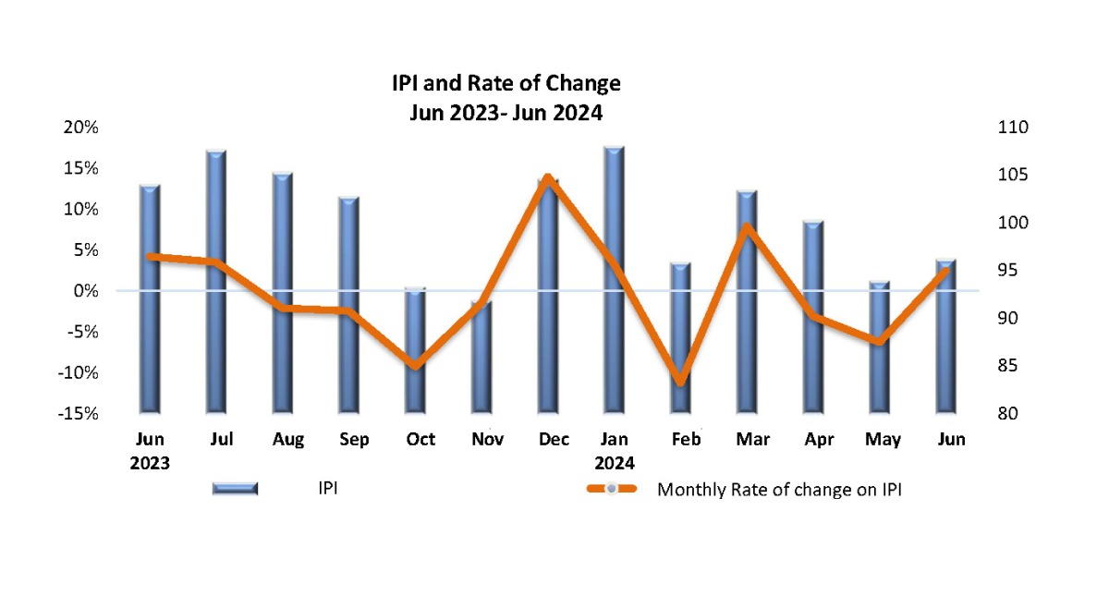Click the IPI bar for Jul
216,277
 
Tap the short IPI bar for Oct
415,351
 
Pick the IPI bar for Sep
348,305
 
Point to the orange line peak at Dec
549,177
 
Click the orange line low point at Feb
680,381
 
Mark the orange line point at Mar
747,227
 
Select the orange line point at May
879,341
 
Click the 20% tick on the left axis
80,128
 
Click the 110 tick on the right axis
1004,128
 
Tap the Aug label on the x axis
288,440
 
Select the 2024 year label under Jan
614,462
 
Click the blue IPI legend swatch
235,489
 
